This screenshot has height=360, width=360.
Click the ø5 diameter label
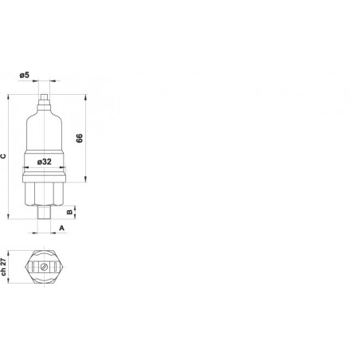[x=24, y=75]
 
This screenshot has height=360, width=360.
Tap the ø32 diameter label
[x=44, y=162]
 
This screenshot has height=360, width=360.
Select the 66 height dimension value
[x=80, y=138]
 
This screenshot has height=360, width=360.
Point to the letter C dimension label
[x=3, y=156]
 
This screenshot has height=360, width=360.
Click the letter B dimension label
[x=69, y=212]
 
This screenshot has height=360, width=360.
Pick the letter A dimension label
[x=61, y=228]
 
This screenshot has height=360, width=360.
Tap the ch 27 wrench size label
[x=3, y=267]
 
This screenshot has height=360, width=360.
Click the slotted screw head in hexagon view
[x=44, y=267]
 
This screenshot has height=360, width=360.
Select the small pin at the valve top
[x=44, y=96]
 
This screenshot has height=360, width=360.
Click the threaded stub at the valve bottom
[x=44, y=213]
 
